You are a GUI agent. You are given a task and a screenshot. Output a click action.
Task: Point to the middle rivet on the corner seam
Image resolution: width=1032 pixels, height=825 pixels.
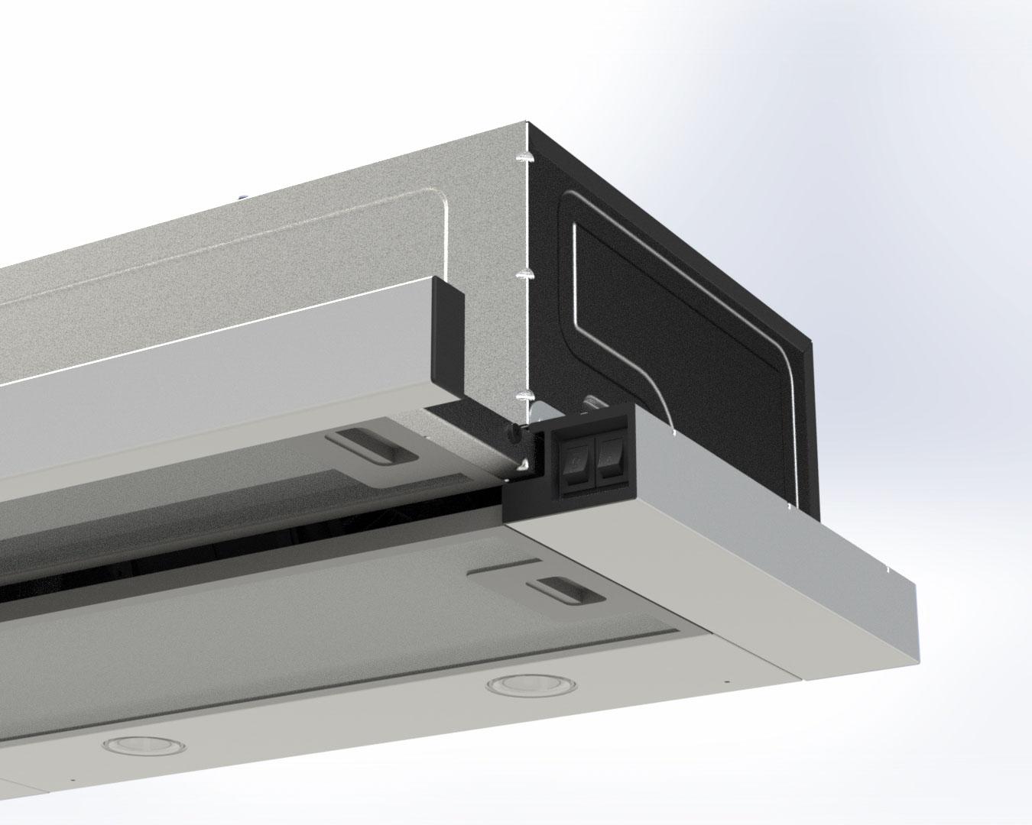point(524,273)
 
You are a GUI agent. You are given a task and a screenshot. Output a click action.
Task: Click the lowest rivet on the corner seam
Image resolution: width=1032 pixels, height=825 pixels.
point(524,396)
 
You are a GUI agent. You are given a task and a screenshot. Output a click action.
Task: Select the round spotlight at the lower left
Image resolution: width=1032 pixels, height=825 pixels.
point(122,744)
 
